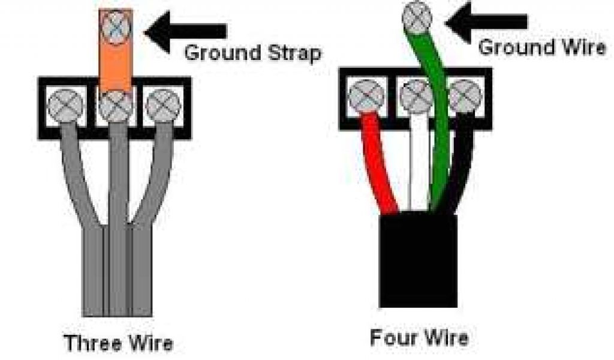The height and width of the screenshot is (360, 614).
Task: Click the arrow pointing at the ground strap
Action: pos(186,31)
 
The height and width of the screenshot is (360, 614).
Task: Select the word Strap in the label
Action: pos(291,53)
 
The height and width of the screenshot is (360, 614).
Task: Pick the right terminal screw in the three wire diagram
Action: pos(162,105)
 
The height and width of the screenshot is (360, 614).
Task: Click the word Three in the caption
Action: pos(91,344)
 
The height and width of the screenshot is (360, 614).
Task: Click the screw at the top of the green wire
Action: pos(417,16)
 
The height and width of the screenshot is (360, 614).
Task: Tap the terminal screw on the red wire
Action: pos(365,97)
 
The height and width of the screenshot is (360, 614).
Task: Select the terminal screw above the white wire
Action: pos(416,97)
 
